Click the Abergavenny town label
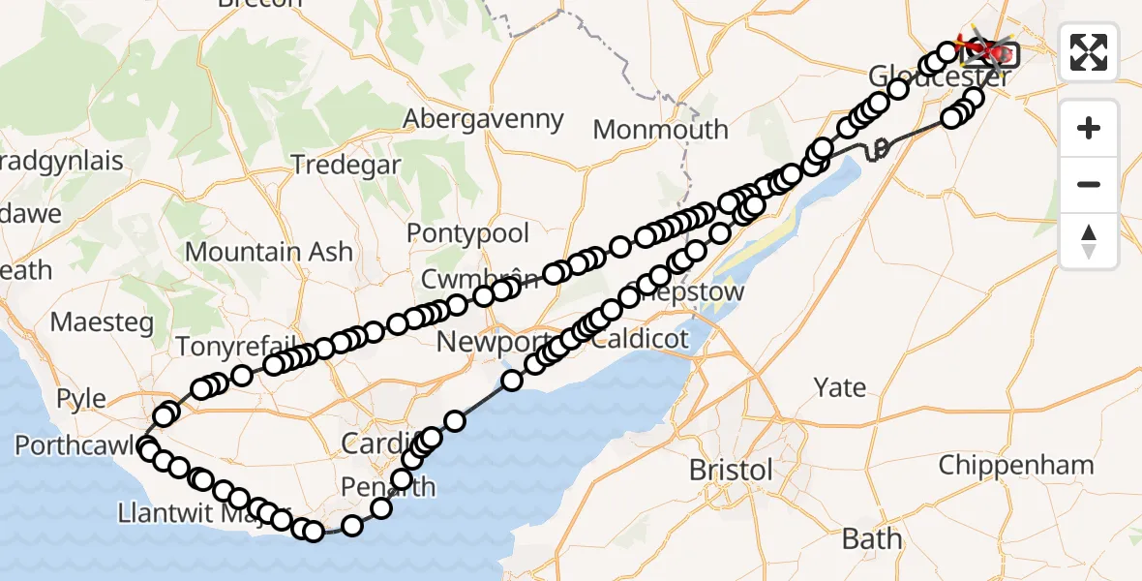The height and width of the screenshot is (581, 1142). pos(483,119)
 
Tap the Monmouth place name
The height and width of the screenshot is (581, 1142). pos(660,129)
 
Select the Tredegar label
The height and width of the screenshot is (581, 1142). pos(346,165)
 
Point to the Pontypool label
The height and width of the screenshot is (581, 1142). pos(468,233)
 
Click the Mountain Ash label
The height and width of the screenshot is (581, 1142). pos(268,252)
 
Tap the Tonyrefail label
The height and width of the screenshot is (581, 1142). pos(225,346)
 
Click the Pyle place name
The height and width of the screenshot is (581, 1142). pos(81,398)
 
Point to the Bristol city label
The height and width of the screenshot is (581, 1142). pos(731,471)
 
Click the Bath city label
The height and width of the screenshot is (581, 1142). pos(871,538)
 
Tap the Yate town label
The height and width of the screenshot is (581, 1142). pos(839,388)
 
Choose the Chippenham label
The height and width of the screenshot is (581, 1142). pos(1015,465)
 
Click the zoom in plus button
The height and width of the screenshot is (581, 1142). pos(1089,129)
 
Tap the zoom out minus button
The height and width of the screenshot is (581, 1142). pos(1089,184)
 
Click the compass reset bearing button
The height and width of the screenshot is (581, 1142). pos(1089,240)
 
